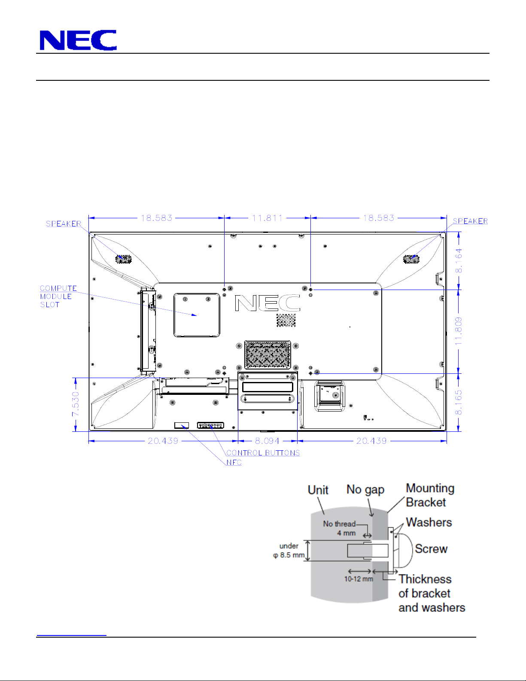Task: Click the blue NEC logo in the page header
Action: coord(78,40)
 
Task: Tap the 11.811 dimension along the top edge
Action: coord(268,218)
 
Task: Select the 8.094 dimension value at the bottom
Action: coord(267,441)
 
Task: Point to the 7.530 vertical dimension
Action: coord(76,404)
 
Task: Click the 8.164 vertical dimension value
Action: coord(459,260)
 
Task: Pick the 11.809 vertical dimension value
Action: coord(459,331)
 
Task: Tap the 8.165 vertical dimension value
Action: coord(459,403)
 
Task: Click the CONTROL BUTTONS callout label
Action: coord(263,453)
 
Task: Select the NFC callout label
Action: coord(234,462)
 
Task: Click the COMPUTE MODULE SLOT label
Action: coord(58,296)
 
